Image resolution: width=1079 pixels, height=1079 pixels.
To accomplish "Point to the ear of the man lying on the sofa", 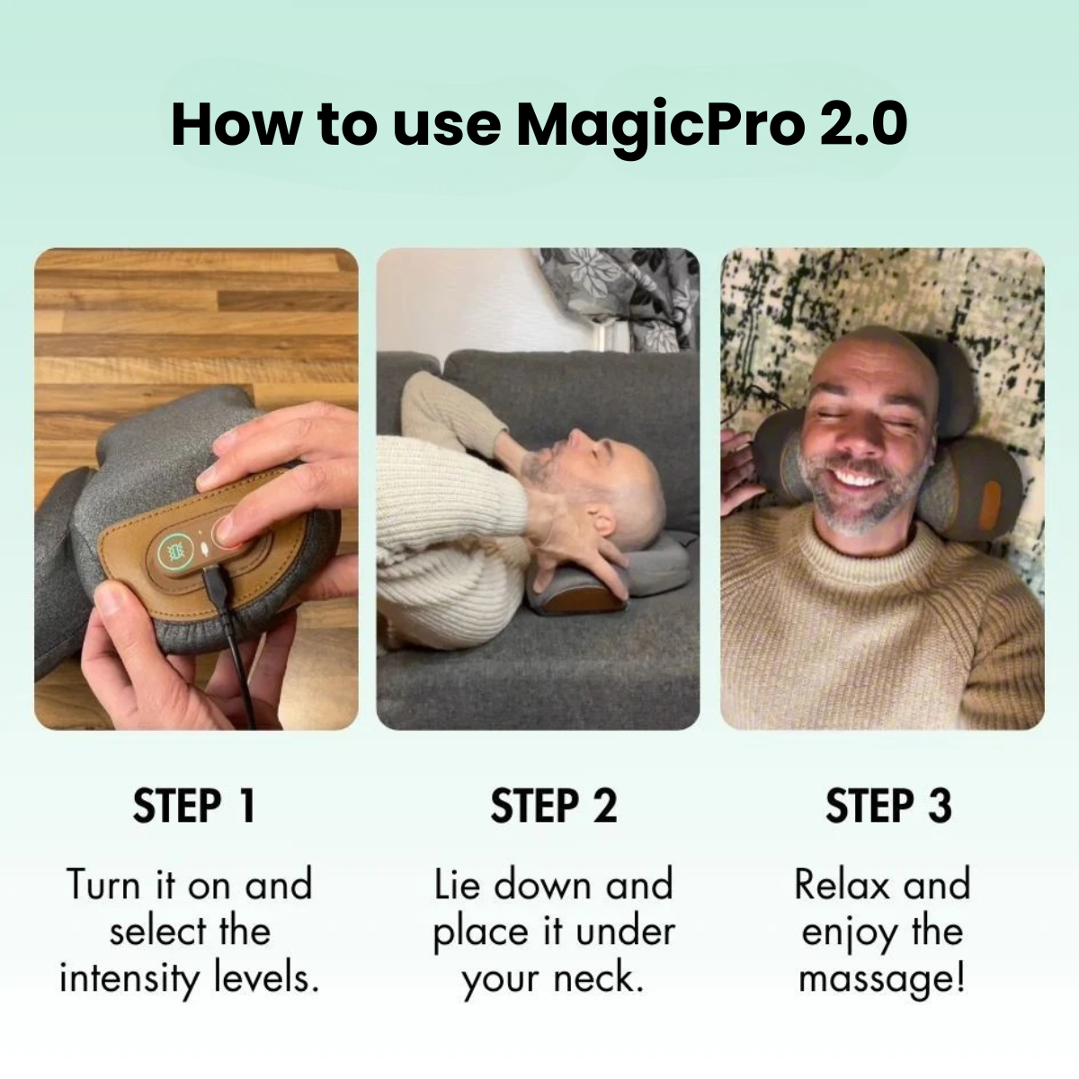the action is coord(602,523).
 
